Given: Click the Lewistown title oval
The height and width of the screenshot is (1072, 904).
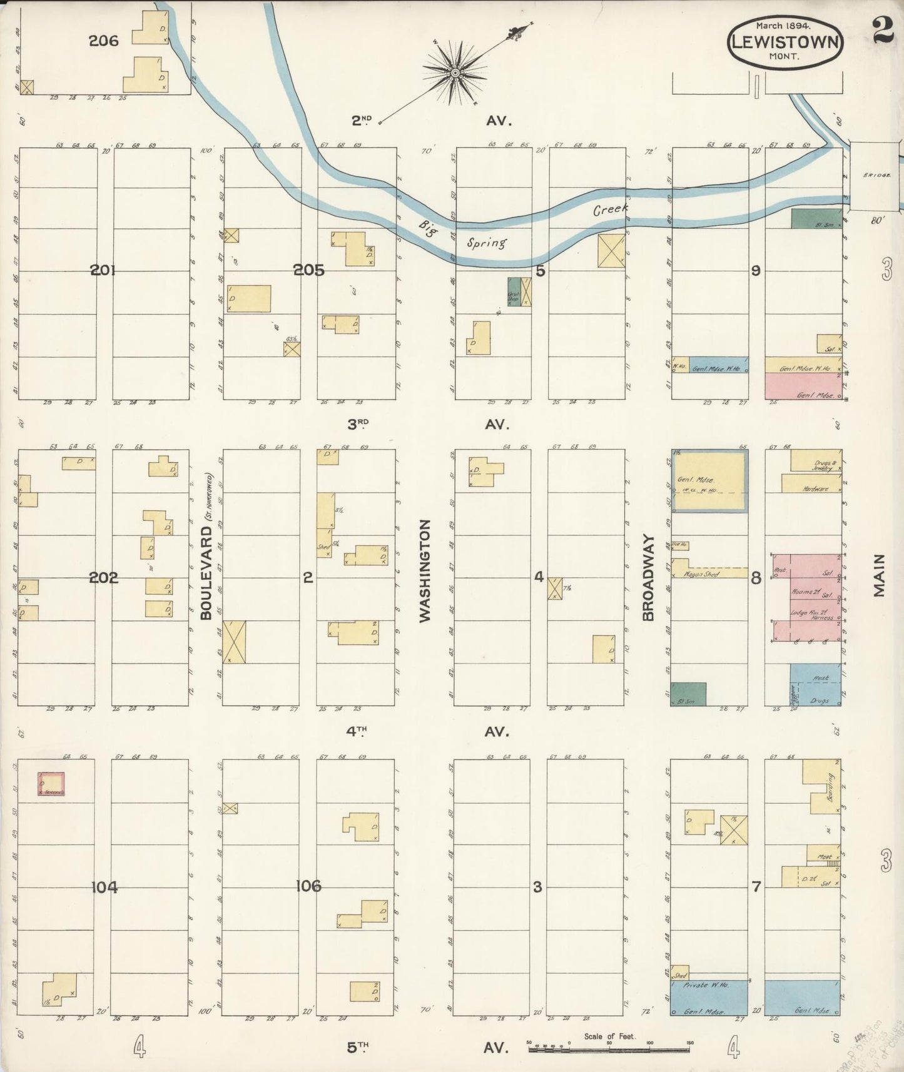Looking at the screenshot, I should [x=785, y=39].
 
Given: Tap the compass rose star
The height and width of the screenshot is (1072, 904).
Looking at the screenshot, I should [x=456, y=74].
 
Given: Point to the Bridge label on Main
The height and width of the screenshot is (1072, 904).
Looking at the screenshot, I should [x=873, y=176].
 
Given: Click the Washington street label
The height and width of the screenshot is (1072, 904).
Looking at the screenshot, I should [x=425, y=570].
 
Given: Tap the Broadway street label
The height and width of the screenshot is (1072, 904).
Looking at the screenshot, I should [x=648, y=577].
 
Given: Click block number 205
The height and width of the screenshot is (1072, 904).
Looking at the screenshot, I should [x=309, y=270].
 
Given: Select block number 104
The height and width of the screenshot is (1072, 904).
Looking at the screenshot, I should [x=104, y=887].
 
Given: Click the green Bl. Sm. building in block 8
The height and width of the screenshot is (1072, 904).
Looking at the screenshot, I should [x=688, y=694].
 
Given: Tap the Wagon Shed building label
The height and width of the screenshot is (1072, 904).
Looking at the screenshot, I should [x=702, y=574].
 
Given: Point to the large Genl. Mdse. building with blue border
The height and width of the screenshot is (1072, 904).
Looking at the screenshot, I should [x=709, y=482].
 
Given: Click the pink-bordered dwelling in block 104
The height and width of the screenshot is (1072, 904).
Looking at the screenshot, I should [x=50, y=784].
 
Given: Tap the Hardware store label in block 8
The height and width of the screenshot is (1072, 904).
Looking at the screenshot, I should [x=815, y=488].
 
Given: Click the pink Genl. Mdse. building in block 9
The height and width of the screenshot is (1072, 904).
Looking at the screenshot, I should [x=803, y=387].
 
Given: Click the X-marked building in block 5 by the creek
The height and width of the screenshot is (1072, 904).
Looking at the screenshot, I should [x=611, y=251].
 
